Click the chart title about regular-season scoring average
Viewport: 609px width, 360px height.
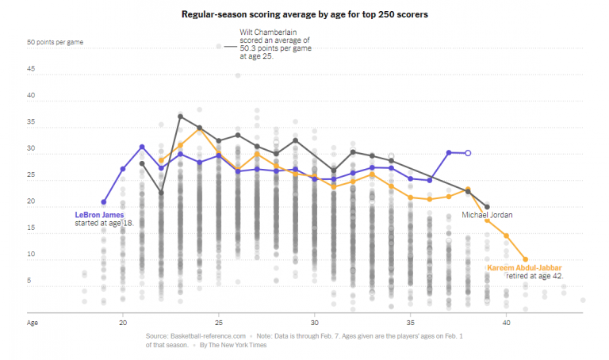[305, 14]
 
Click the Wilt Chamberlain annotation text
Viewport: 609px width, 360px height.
[275, 44]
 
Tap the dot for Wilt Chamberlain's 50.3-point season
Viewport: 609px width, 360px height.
[219, 47]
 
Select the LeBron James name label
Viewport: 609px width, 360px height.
[100, 214]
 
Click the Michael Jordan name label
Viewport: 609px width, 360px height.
[487, 215]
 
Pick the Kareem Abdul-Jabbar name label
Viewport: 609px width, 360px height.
[523, 268]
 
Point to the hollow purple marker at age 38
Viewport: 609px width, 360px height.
[468, 153]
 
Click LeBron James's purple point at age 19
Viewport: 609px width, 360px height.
[104, 202]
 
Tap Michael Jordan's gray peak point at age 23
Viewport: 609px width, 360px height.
[181, 117]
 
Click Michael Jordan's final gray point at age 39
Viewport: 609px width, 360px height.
[487, 206]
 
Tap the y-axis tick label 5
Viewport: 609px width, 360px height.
[30, 281]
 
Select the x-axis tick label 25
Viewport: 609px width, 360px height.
[219, 324]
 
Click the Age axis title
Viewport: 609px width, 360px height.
[33, 324]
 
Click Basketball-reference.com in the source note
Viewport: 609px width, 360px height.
[201, 337]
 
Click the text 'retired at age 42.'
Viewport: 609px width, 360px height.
[534, 277]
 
